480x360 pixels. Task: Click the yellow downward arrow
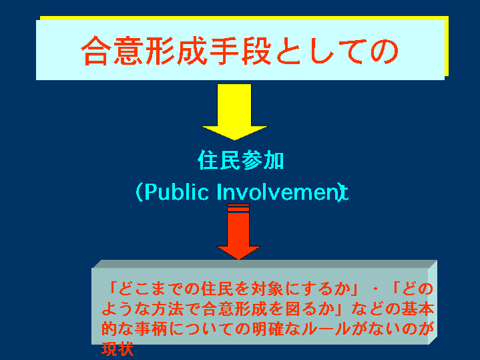pos(234,112)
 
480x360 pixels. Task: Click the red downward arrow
pos(238,231)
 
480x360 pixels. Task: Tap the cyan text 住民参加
pos(240,160)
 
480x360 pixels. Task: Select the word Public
pos(176,192)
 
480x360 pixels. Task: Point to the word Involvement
pos(282,192)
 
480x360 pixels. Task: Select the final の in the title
pos(384,51)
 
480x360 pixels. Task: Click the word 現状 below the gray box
pos(117,349)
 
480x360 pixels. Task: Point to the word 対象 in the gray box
pos(267,289)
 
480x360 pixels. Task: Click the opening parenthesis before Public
pos(140,192)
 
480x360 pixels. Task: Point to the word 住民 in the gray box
pos(217,289)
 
